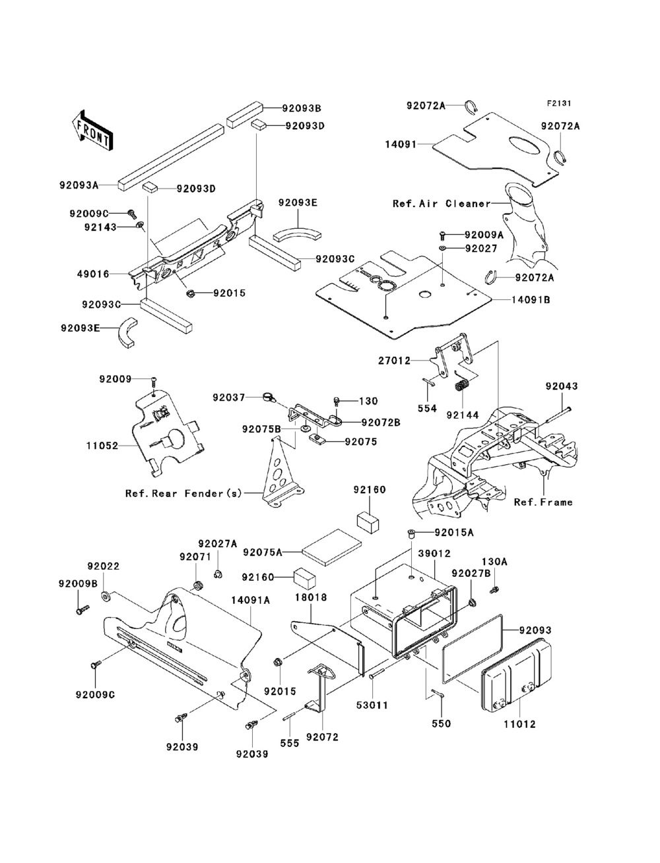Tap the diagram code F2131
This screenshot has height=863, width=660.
tap(558, 104)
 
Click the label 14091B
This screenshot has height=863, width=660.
tap(531, 299)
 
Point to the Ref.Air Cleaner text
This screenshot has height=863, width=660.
tap(442, 204)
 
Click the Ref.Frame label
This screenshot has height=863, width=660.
tap(543, 502)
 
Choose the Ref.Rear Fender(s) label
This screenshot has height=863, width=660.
tap(184, 493)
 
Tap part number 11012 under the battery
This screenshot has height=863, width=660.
tap(519, 724)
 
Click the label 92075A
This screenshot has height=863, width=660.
tap(263, 551)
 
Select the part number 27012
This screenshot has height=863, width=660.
tap(395, 361)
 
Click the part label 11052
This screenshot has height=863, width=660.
tap(101, 446)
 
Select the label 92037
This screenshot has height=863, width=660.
tap(228, 398)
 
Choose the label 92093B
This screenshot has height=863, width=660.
tap(302, 107)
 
